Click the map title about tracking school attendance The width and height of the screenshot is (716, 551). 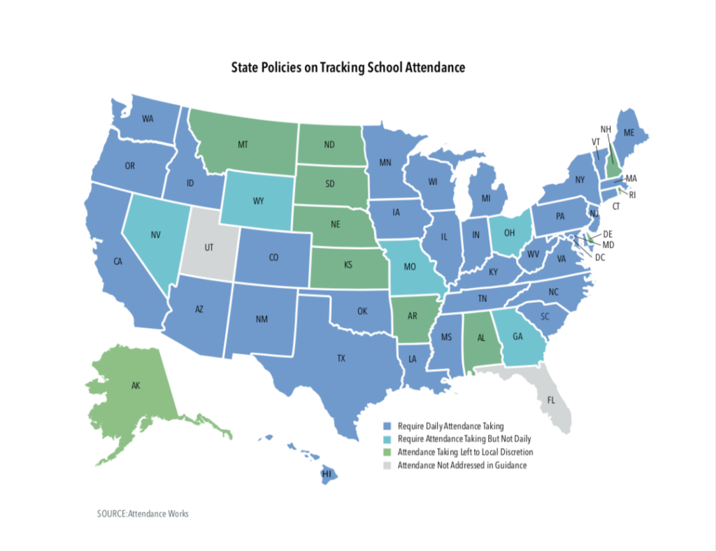click(x=348, y=68)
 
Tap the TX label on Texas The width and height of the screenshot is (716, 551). click(x=341, y=358)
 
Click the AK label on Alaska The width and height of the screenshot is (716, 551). click(x=135, y=385)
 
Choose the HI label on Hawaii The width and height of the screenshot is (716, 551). click(x=326, y=474)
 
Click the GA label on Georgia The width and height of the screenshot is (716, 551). click(x=517, y=336)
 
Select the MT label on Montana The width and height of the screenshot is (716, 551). click(x=243, y=145)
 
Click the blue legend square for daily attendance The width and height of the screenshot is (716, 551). click(x=387, y=426)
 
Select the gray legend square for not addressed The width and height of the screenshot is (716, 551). click(x=387, y=465)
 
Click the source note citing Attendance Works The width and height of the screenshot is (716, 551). click(x=143, y=514)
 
